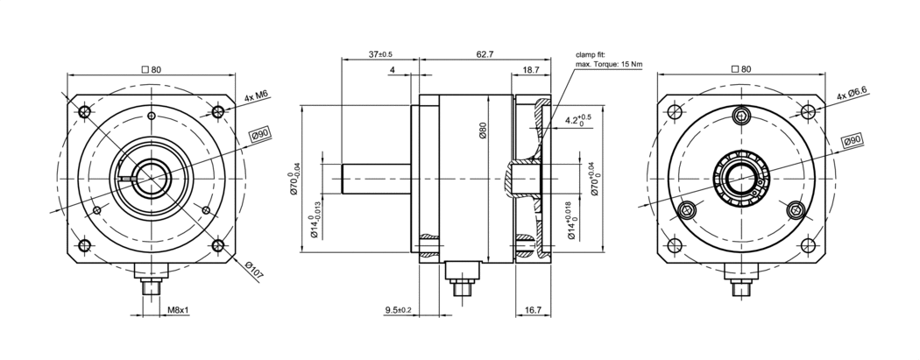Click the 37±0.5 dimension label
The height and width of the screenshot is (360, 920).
[x=380, y=54]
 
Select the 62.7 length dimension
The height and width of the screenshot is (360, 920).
[x=485, y=54]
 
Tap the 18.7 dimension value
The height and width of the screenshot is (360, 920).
[x=531, y=69]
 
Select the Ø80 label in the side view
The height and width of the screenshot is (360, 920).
[x=483, y=131]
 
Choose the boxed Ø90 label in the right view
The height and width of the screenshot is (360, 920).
[x=853, y=141]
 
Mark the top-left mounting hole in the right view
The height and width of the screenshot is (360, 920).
[x=675, y=112]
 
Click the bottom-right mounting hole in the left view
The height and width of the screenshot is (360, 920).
[x=216, y=245]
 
